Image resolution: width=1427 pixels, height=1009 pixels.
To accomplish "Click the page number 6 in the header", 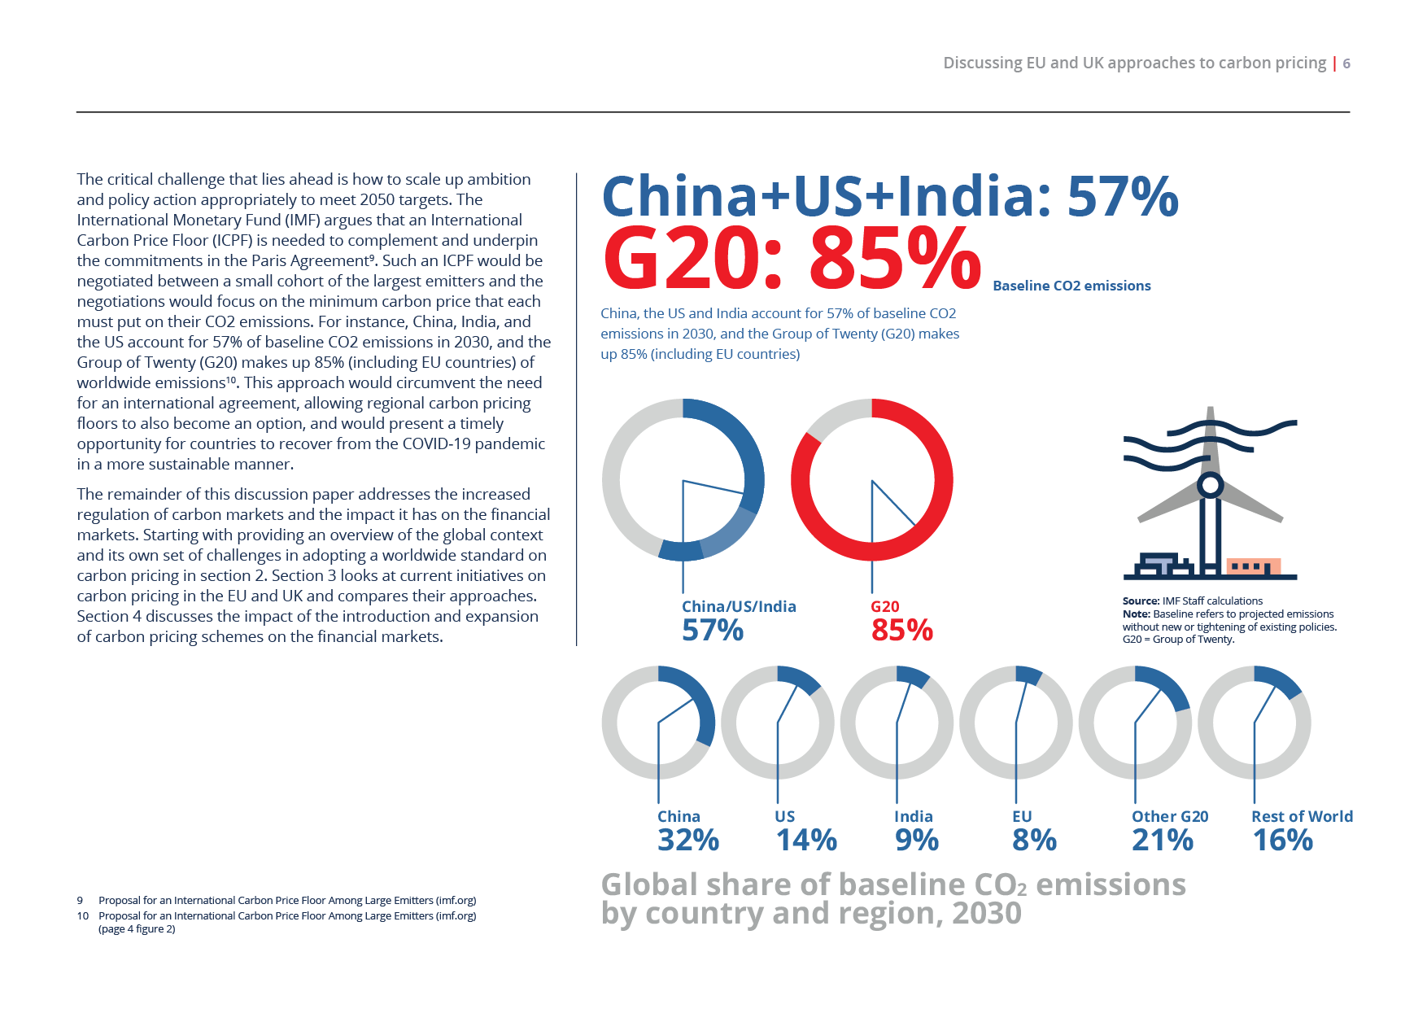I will click(x=1346, y=63).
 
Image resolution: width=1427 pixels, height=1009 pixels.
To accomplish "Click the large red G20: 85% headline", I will click(x=791, y=259).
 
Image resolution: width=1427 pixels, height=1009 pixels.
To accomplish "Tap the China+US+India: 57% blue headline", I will click(x=889, y=196).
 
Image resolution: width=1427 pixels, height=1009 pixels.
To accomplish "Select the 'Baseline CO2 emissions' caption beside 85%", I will click(x=1071, y=286).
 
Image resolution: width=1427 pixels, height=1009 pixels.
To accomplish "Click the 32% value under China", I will click(x=687, y=841).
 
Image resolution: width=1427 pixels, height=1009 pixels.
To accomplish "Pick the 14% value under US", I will click(x=805, y=841).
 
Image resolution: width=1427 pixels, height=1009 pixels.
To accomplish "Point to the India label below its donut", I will click(x=913, y=816).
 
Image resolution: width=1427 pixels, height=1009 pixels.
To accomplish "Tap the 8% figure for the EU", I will click(x=1033, y=841).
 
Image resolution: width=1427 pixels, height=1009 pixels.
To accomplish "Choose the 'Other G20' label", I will click(x=1169, y=816).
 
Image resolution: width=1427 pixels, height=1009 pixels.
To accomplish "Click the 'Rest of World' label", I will click(x=1301, y=816).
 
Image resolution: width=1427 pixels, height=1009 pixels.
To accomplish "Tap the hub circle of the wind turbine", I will click(x=1210, y=486).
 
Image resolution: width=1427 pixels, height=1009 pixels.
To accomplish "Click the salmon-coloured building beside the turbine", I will click(x=1253, y=566).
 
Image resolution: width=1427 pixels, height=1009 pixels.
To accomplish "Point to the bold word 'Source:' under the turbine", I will click(x=1141, y=601).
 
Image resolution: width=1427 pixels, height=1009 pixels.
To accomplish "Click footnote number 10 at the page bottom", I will click(x=82, y=915).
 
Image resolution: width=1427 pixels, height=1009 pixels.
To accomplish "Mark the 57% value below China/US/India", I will click(x=712, y=631).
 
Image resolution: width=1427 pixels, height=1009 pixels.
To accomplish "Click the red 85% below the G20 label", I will click(x=901, y=631).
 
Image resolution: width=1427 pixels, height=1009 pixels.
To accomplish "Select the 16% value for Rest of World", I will click(x=1282, y=841).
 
